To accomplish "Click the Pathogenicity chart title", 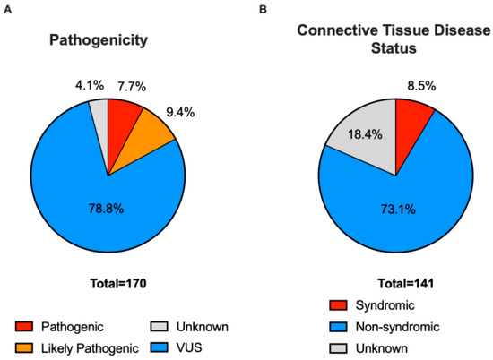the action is point(99,41).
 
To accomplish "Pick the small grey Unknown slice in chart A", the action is point(100,125).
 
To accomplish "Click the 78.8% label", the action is point(107,209).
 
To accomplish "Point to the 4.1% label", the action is point(90,85).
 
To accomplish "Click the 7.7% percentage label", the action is point(132,86).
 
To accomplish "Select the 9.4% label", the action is point(180,112).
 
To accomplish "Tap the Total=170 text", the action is point(118,284).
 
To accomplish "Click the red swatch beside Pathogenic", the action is point(24,327).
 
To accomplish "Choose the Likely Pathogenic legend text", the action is point(90,348).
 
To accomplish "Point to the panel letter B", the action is point(263,10).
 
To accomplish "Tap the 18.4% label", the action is point(365,134).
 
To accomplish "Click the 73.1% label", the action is point(398,209).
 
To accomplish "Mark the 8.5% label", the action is point(421,86).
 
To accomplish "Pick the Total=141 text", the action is point(406,284).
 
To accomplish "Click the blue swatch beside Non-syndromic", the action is point(338,327).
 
